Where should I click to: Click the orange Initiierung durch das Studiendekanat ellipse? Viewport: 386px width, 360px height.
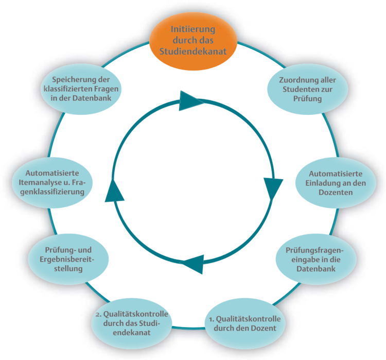194,40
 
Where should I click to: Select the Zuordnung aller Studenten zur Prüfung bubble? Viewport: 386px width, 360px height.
308,90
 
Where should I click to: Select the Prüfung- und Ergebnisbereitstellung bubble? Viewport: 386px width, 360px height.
70,258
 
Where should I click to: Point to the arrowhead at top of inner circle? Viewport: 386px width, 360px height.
191,100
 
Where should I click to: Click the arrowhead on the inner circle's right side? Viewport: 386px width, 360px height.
272,188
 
